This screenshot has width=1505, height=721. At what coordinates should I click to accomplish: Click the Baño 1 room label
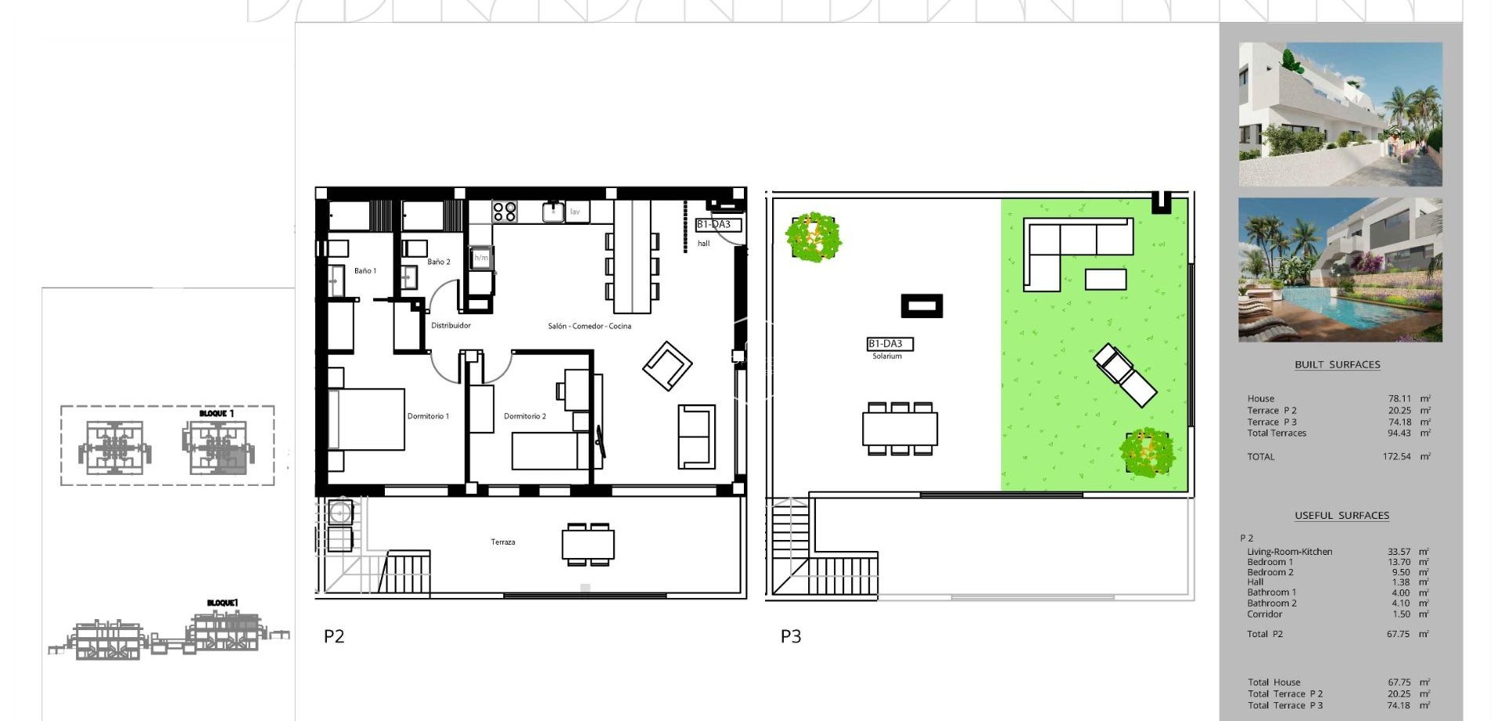[364, 271]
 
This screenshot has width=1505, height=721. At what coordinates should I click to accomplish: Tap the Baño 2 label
[439, 262]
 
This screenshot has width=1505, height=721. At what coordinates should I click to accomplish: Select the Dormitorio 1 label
[428, 416]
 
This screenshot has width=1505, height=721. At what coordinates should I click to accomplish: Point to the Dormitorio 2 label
[524, 416]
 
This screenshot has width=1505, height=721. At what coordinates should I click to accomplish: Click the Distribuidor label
[451, 325]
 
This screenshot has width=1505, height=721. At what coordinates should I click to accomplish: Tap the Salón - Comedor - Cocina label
[589, 326]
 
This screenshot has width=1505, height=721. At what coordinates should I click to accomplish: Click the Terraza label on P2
[503, 542]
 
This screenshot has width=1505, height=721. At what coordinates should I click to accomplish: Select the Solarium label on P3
[887, 356]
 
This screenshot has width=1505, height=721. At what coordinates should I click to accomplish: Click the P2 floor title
[334, 636]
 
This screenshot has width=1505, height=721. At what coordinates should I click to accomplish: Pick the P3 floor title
[791, 636]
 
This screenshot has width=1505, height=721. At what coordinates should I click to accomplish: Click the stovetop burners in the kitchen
[505, 211]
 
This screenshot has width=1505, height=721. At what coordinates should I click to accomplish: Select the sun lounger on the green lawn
[1125, 375]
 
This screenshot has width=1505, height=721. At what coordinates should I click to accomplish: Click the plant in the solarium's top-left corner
[814, 236]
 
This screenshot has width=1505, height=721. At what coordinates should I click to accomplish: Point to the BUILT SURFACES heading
[1337, 364]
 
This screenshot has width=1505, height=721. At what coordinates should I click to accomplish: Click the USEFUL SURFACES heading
[1342, 515]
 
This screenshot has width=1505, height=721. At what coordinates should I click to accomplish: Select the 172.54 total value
[1396, 456]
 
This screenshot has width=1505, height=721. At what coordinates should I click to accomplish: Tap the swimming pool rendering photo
[1340, 270]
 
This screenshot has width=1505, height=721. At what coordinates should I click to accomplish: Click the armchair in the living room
[667, 365]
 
